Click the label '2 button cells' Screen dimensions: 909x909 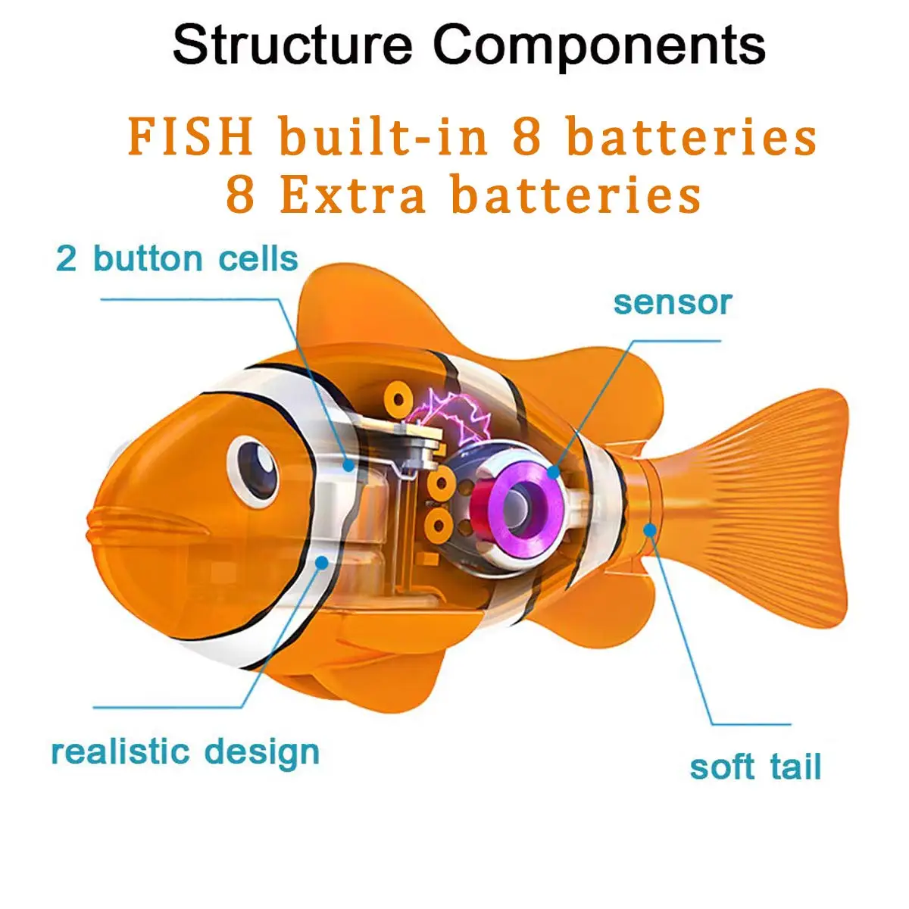click(177, 259)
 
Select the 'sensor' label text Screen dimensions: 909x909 click(672, 302)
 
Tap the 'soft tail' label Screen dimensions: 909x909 click(754, 767)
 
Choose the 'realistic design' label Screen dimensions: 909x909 click(185, 752)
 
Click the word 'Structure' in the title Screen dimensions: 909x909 click(292, 45)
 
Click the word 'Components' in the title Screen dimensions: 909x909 click(599, 45)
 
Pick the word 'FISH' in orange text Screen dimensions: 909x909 click(190, 137)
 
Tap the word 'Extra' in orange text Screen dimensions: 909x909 click(353, 195)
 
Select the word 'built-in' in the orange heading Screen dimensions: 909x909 click(383, 137)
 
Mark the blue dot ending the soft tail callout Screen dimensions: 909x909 click(649, 529)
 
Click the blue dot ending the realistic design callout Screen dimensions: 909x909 click(322, 562)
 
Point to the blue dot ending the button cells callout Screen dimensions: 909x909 click(348, 464)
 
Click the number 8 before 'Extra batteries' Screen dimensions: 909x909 click(239, 195)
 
